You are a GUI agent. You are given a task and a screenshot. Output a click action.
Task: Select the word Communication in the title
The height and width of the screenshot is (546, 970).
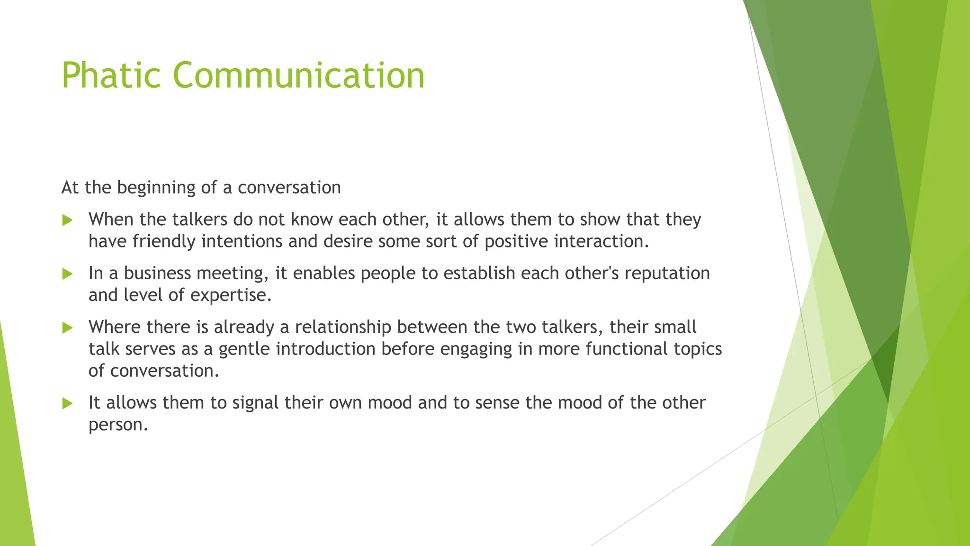point(298,75)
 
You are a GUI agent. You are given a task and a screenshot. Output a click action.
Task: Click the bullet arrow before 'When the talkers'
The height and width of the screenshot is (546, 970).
point(68,220)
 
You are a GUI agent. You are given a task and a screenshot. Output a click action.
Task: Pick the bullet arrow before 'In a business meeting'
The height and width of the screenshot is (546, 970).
point(68,274)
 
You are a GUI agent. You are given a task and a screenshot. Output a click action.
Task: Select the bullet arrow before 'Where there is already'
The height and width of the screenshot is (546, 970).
point(68,328)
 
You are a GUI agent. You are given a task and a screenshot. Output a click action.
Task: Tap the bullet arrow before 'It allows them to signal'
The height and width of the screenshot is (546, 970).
point(68,403)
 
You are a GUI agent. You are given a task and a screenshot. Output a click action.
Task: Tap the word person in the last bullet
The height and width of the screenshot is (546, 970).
point(118,425)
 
